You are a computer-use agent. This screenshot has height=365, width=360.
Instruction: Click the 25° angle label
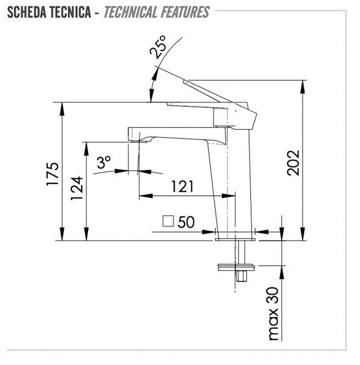click(158, 47)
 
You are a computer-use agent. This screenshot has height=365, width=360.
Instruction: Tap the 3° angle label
click(104, 162)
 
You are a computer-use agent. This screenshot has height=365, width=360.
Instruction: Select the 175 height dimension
click(52, 174)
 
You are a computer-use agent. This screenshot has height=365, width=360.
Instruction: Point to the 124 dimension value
click(77, 188)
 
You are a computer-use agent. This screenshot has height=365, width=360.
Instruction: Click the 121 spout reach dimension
click(183, 186)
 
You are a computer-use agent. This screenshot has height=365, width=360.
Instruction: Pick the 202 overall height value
click(293, 163)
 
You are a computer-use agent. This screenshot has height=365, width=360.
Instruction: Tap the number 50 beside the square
click(186, 222)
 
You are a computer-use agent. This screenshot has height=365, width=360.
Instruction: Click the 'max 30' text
click(274, 314)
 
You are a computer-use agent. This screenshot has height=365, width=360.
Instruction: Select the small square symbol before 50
click(168, 221)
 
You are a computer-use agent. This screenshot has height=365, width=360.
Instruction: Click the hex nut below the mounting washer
click(242, 276)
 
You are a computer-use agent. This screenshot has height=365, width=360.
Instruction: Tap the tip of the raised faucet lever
click(185, 82)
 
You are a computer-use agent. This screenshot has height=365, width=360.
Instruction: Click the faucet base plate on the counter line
click(235, 239)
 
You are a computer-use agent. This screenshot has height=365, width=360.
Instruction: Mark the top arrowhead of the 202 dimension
click(302, 87)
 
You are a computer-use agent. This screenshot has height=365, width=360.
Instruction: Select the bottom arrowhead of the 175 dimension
click(62, 234)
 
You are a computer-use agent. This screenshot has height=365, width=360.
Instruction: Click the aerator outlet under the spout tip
click(139, 141)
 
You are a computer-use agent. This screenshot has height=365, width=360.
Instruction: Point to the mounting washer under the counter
click(236, 267)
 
